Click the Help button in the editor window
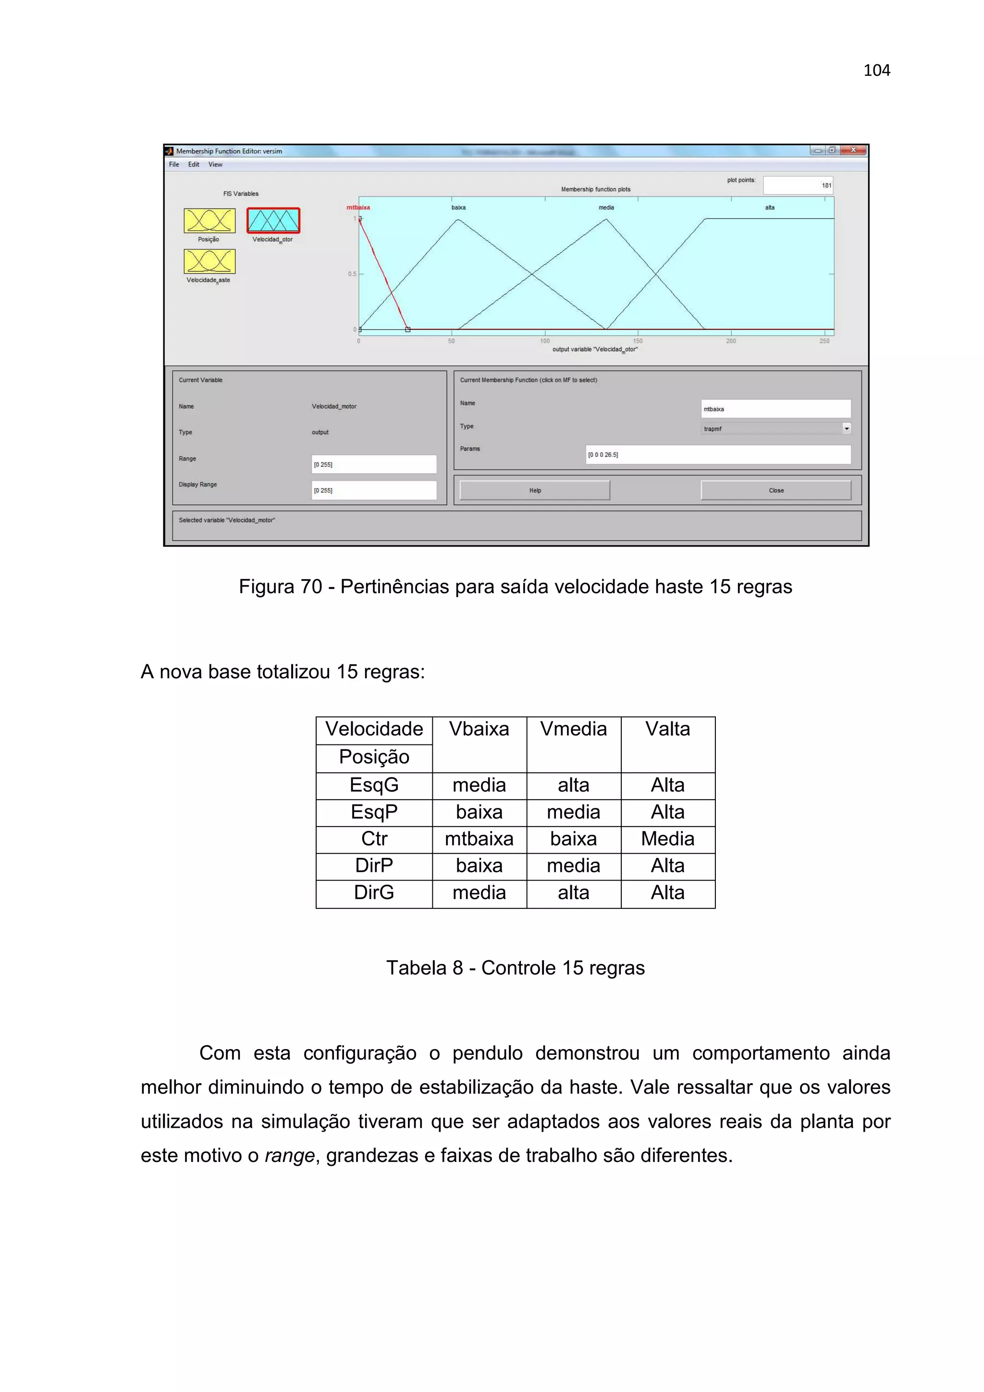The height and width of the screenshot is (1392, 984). tap(534, 490)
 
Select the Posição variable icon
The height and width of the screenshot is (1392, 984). tap(209, 220)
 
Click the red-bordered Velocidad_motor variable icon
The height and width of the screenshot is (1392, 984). tap(273, 220)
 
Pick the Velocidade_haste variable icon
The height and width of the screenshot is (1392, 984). tap(209, 261)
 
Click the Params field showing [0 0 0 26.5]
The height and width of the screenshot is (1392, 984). tap(717, 455)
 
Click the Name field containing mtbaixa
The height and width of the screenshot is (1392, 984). tap(775, 409)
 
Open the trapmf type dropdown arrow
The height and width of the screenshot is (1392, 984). tap(847, 428)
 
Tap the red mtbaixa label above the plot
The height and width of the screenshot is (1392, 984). tap(357, 208)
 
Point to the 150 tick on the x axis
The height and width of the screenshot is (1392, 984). tap(638, 341)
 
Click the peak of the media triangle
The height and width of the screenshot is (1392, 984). tap(606, 219)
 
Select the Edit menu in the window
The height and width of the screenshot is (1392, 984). tap(194, 164)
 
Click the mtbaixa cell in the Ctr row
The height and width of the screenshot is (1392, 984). tap(479, 839)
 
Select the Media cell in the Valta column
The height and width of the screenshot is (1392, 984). tap(667, 839)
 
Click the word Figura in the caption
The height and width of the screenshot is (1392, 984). tap(264, 586)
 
